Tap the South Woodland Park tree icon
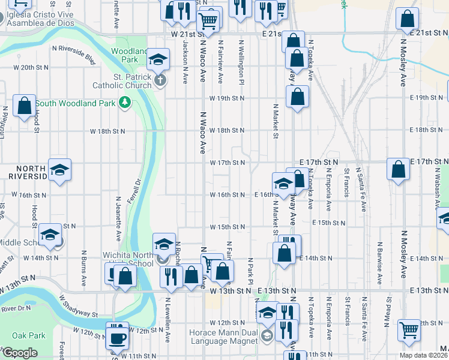click(125, 103)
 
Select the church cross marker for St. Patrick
click(160, 80)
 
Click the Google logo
click(20, 353)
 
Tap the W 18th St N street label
click(227, 130)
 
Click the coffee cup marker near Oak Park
click(117, 337)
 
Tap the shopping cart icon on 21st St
click(209, 21)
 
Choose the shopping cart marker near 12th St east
click(409, 328)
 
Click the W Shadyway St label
click(79, 305)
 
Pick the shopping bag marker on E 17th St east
click(398, 169)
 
